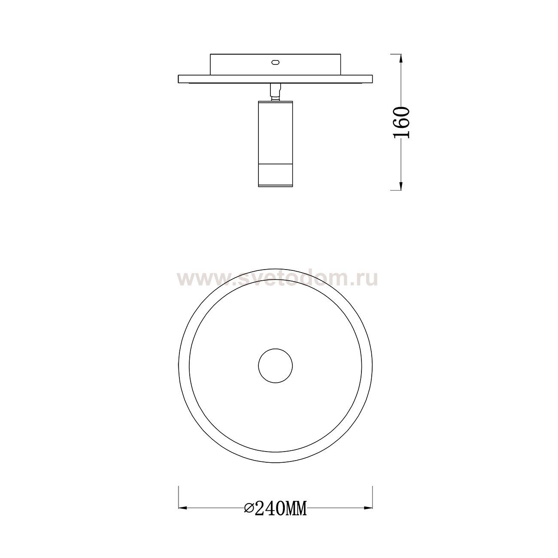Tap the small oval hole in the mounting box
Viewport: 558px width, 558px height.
pyautogui.click(x=275, y=62)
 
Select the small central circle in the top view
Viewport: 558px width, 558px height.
pyautogui.click(x=275, y=366)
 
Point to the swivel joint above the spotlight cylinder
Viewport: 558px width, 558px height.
pyautogui.click(x=275, y=92)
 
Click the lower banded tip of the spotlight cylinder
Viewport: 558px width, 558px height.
pyautogui.click(x=275, y=176)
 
